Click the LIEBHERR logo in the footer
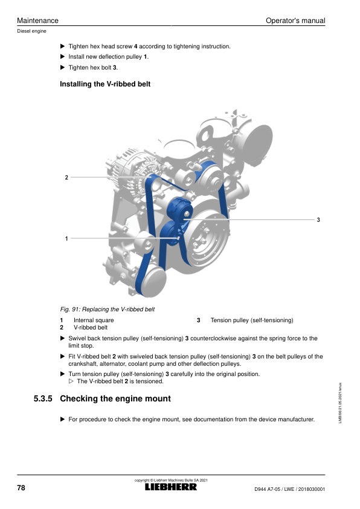170,487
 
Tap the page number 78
21,488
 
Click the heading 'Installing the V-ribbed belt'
105,84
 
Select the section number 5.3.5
43,398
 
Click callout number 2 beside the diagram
66,178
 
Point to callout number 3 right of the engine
318,220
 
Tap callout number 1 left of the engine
66,239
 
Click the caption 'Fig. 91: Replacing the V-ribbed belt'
108,310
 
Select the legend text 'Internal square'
94,320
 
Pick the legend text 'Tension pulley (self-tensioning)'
252,320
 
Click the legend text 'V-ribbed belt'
91,328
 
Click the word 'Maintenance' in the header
37,21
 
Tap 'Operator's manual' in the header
295,21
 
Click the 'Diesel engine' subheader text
31,31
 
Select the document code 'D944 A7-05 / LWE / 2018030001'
289,489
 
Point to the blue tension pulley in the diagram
179,209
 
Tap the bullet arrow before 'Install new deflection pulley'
63,57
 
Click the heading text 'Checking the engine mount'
115,398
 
